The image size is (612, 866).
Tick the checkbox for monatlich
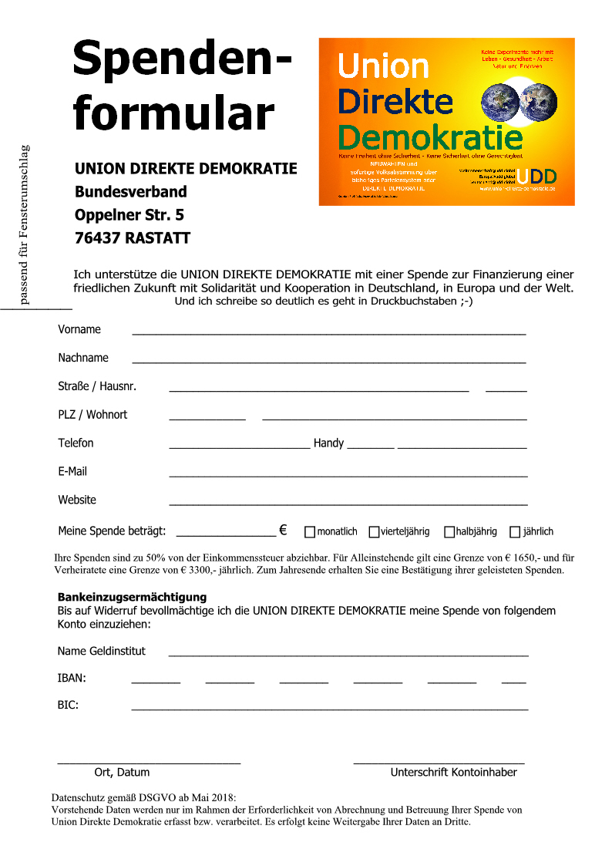tap(310, 531)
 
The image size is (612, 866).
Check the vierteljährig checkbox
tap(374, 531)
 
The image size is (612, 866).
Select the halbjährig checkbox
tap(449, 531)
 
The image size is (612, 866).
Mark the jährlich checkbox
tap(515, 531)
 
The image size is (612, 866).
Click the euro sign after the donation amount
tap(283, 530)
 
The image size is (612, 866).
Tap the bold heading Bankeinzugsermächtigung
tap(132, 597)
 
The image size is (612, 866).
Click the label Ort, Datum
tap(122, 772)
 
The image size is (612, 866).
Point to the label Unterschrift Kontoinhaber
tap(453, 772)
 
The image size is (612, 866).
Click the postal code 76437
tap(96, 238)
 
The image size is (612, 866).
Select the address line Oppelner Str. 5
tap(129, 214)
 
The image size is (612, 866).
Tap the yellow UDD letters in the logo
tap(537, 176)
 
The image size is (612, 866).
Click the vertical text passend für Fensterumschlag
tap(24, 224)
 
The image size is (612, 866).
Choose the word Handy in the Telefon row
tap(328, 443)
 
